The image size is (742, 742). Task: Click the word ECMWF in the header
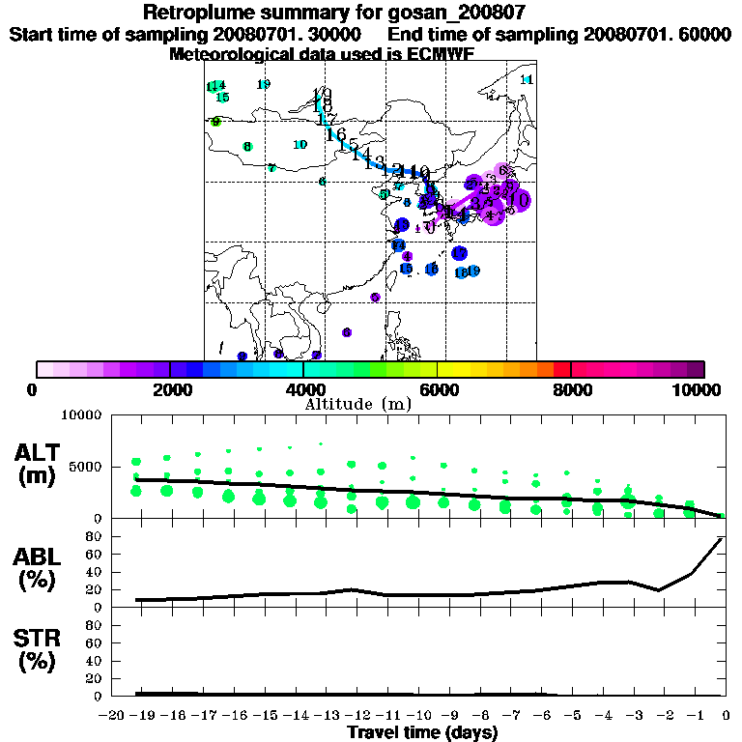(x=442, y=54)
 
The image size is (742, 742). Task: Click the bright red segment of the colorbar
(x=562, y=369)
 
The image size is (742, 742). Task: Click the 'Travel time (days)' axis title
(x=421, y=732)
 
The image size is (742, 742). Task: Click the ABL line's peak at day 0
(x=721, y=538)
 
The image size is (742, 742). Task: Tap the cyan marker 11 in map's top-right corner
(x=527, y=79)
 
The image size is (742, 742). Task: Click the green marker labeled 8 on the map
(x=247, y=147)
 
